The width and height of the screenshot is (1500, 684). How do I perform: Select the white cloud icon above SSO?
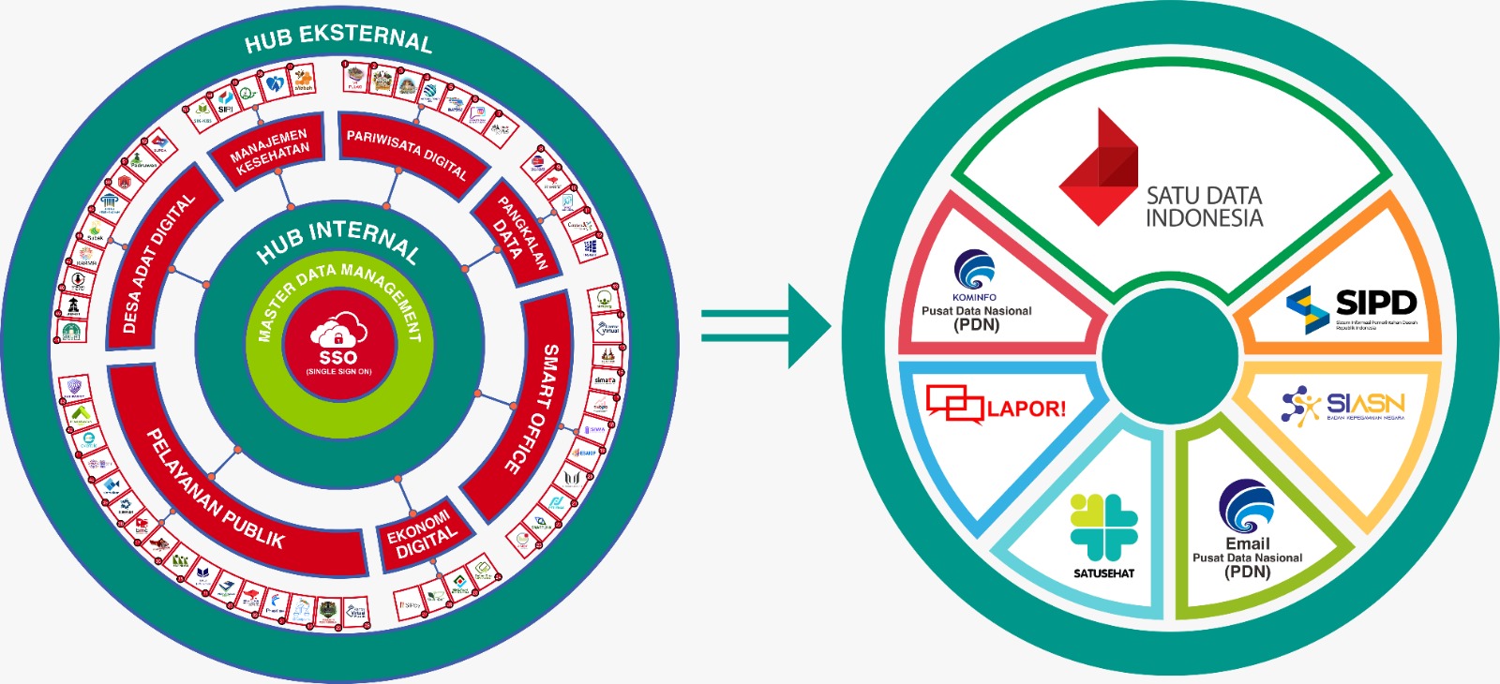pos(337,330)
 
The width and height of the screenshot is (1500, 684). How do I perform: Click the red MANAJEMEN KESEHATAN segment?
pos(269,150)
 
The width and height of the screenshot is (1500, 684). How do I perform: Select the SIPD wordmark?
pos(1375,303)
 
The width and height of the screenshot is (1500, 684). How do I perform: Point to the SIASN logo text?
pos(1365,403)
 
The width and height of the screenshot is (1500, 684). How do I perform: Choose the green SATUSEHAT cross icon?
pos(1103,528)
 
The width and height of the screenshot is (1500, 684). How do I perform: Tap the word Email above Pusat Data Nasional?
pos(1247,543)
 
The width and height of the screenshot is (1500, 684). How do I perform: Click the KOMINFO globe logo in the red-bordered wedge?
pos(975,270)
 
